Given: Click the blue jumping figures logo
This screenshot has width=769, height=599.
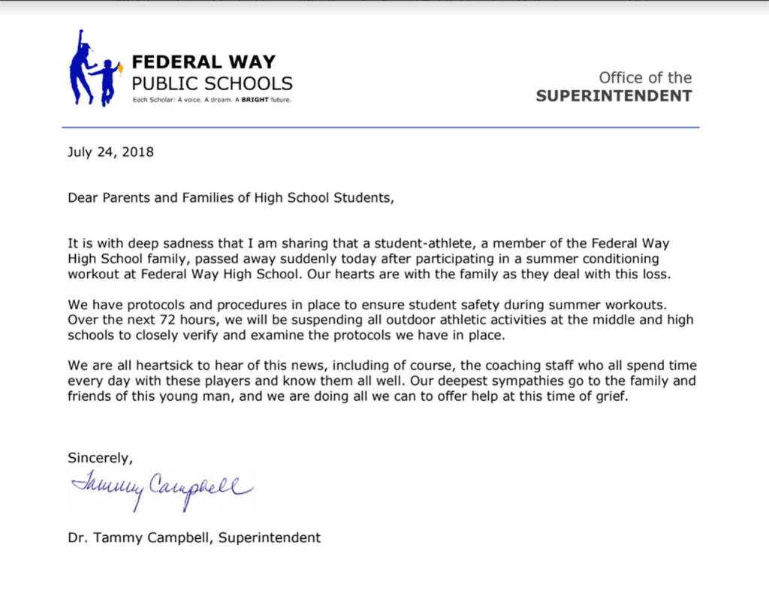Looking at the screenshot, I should tap(93, 69).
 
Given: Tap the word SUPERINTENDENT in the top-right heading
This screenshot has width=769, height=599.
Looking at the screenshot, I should tap(614, 96).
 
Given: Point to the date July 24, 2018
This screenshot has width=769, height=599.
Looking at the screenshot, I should tap(110, 152).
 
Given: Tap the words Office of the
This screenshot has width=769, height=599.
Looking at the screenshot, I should tap(645, 77).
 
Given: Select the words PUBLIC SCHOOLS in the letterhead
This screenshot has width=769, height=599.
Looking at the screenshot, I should tap(212, 83).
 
